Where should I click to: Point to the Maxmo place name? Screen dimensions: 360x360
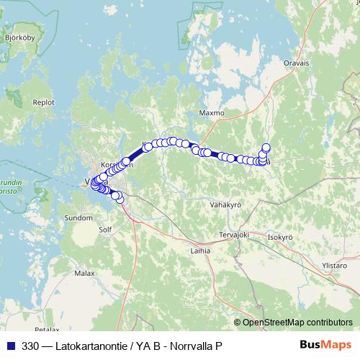(x=212, y=113)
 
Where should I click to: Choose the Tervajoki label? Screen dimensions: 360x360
(x=233, y=234)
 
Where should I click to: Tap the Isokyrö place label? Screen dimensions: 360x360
(x=279, y=236)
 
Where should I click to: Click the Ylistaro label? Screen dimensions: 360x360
(x=334, y=265)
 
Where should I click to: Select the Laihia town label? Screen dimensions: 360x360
(x=200, y=251)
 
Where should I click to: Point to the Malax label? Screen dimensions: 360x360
(x=84, y=274)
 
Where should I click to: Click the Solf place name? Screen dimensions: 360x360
(x=105, y=230)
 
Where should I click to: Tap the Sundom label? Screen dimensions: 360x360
(x=78, y=217)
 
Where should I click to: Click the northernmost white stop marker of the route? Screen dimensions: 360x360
(x=266, y=148)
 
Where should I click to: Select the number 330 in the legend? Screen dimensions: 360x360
(x=30, y=346)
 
